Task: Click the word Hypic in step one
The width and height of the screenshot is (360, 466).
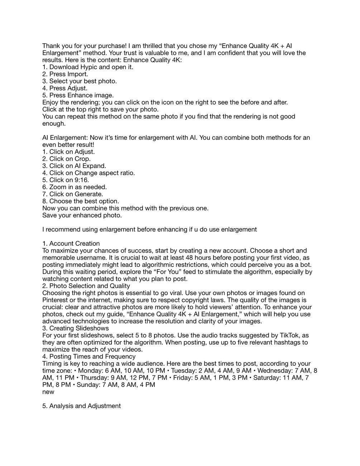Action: [x=88, y=67]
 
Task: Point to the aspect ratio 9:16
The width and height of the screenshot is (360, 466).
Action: [x=82, y=180]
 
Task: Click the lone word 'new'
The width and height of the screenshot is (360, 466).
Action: [x=48, y=392]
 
